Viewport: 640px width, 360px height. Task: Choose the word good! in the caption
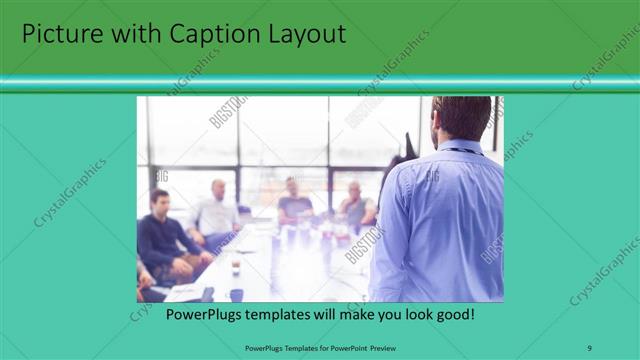click(453, 314)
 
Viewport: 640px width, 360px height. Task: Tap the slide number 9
click(589, 348)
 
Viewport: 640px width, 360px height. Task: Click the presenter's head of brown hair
click(462, 115)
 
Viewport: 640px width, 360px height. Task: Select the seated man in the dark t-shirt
click(294, 202)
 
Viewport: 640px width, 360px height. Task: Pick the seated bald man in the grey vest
click(355, 205)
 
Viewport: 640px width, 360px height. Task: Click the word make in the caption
click(354, 314)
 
